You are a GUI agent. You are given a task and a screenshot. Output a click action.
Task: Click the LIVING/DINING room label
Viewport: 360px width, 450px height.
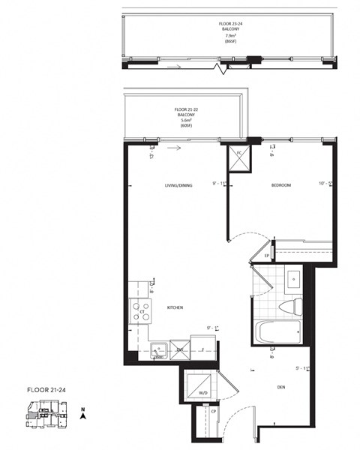pos(179,185)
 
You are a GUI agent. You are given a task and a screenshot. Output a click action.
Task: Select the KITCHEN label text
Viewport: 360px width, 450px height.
pos(175,307)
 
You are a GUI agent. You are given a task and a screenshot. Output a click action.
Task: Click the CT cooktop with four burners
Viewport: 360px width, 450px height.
pos(140,310)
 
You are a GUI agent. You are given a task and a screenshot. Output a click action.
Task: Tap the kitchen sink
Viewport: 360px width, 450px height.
pos(159,348)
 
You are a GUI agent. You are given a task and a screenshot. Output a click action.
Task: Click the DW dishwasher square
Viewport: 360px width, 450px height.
pos(180,349)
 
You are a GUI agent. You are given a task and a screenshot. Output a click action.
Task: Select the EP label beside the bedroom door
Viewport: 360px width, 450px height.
pos(267,256)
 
